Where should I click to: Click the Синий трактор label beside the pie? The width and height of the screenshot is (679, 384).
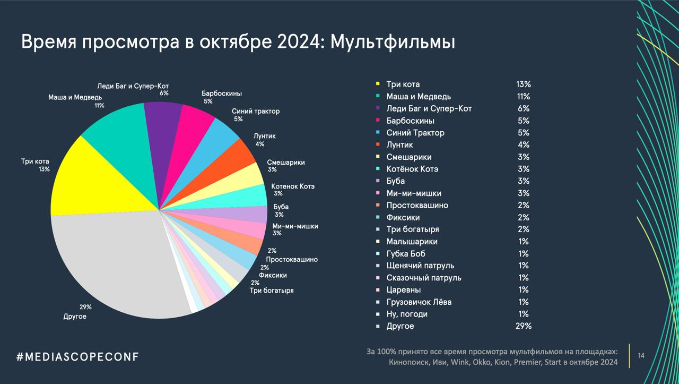(256, 112)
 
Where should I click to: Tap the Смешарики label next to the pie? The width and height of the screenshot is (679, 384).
(286, 163)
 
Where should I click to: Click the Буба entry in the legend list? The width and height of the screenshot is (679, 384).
(396, 181)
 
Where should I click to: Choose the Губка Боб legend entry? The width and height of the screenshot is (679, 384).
(406, 254)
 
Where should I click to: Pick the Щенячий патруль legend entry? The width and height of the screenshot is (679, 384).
(420, 266)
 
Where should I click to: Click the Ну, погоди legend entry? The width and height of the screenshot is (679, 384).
(407, 314)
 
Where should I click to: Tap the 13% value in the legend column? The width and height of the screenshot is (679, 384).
(523, 84)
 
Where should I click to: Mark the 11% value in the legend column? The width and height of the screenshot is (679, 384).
(523, 97)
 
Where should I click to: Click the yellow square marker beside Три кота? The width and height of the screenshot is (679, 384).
(378, 84)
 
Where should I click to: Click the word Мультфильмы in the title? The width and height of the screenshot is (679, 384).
(393, 42)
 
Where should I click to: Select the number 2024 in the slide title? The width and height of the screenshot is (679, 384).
(295, 42)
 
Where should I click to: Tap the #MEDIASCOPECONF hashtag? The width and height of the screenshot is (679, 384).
(77, 356)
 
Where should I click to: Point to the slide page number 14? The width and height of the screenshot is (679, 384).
(641, 355)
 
